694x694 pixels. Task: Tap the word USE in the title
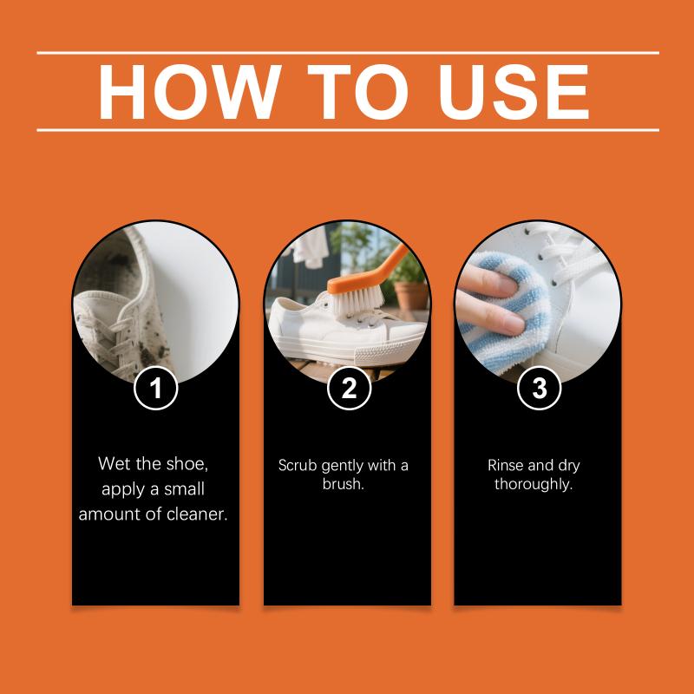click(x=514, y=92)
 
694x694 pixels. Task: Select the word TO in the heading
click(x=357, y=92)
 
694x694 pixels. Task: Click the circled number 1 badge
click(x=156, y=388)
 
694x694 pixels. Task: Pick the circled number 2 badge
click(x=350, y=388)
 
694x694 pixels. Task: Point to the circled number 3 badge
click(x=539, y=388)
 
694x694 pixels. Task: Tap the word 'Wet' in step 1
click(x=115, y=464)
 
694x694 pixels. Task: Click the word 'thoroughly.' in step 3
click(x=534, y=484)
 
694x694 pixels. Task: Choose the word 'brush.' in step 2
click(x=343, y=484)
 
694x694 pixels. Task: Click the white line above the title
click(x=348, y=53)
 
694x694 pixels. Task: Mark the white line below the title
click(x=348, y=130)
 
